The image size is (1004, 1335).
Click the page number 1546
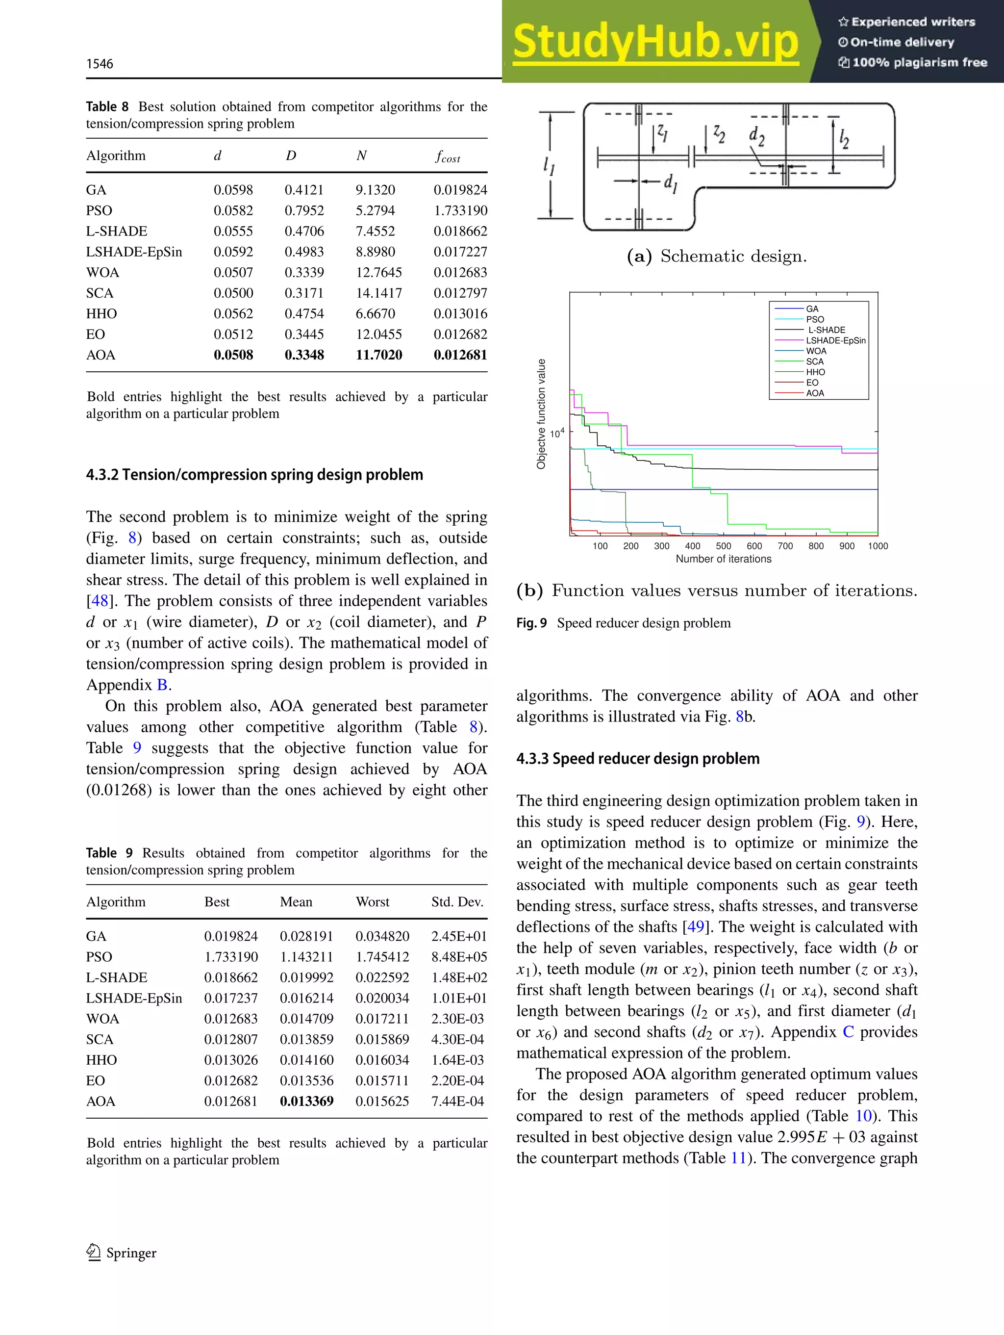[100, 64]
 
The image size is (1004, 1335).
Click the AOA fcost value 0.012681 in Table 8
[460, 355]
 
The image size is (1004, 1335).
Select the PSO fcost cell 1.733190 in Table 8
[460, 210]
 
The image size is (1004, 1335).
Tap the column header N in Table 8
[361, 155]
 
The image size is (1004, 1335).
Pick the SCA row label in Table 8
[100, 293]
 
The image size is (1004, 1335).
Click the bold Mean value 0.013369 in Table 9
[306, 1102]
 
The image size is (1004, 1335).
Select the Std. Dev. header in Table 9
[457, 902]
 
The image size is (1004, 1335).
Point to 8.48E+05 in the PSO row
[458, 957]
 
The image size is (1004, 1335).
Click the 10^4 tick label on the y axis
[557, 434]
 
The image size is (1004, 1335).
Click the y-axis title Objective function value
[541, 414]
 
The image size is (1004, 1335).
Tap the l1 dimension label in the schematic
[549, 165]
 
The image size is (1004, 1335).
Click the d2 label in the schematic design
[756, 136]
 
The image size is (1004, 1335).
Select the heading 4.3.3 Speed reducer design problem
[637, 759]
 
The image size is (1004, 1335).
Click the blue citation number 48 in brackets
[100, 601]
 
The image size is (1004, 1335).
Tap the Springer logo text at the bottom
[130, 1254]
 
